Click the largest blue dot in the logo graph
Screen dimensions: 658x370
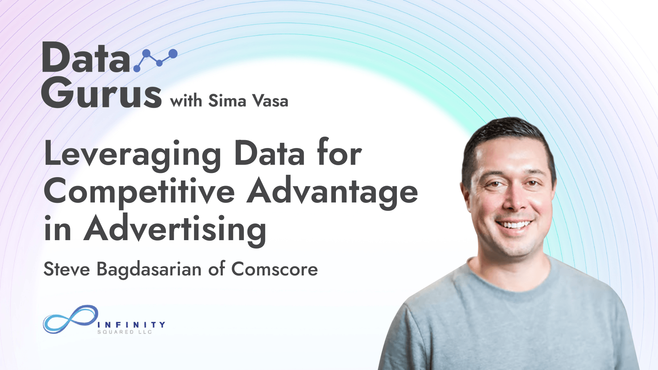pyautogui.click(x=173, y=53)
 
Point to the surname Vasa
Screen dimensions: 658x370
pyautogui.click(x=270, y=101)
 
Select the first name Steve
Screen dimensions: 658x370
pyautogui.click(x=67, y=269)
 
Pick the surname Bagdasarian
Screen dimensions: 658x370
pyautogui.click(x=149, y=270)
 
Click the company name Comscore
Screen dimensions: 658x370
pyautogui.click(x=275, y=269)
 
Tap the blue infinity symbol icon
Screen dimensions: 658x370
pyautogui.click(x=71, y=319)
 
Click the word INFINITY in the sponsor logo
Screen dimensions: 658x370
pyautogui.click(x=131, y=324)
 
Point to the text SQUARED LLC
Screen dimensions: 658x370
pyautogui.click(x=124, y=332)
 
